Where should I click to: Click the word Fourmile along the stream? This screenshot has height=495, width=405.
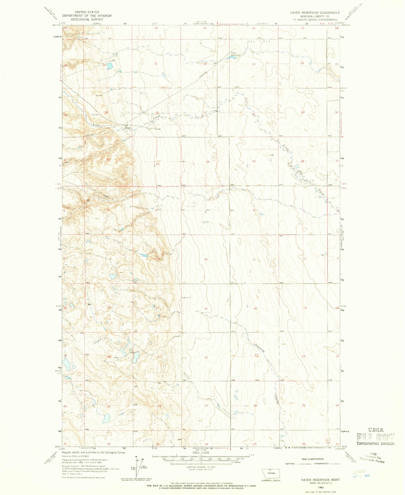coord(260,348)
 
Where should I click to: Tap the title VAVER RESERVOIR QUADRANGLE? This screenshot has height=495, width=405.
coord(315,12)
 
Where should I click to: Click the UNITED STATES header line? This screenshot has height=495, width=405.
coord(87,12)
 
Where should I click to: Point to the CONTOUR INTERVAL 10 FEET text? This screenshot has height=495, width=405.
coord(201,467)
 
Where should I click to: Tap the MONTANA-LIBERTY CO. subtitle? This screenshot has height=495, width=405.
coord(315,16)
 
